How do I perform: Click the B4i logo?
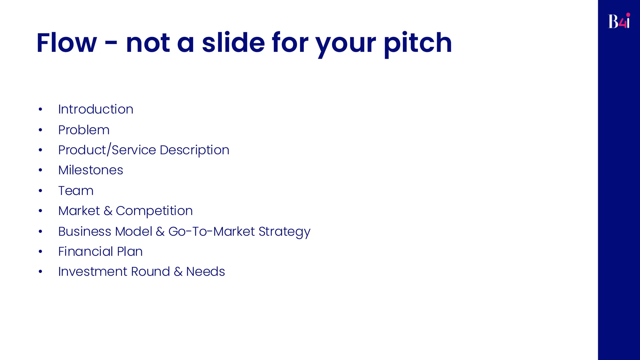619,21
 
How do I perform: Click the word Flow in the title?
67,43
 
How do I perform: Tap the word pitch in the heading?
418,44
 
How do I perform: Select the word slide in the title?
233,43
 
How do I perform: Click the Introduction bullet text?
96,109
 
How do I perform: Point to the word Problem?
84,130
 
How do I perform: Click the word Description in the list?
194,150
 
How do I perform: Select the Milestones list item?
91,170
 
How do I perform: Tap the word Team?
76,191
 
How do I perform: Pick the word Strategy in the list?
284,232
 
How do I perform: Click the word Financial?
85,252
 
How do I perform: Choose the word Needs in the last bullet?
205,272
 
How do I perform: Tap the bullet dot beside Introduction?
40,109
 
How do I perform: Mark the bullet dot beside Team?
40,191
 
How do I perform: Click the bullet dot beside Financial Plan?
40,252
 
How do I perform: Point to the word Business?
85,232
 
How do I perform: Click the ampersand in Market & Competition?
108,211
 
